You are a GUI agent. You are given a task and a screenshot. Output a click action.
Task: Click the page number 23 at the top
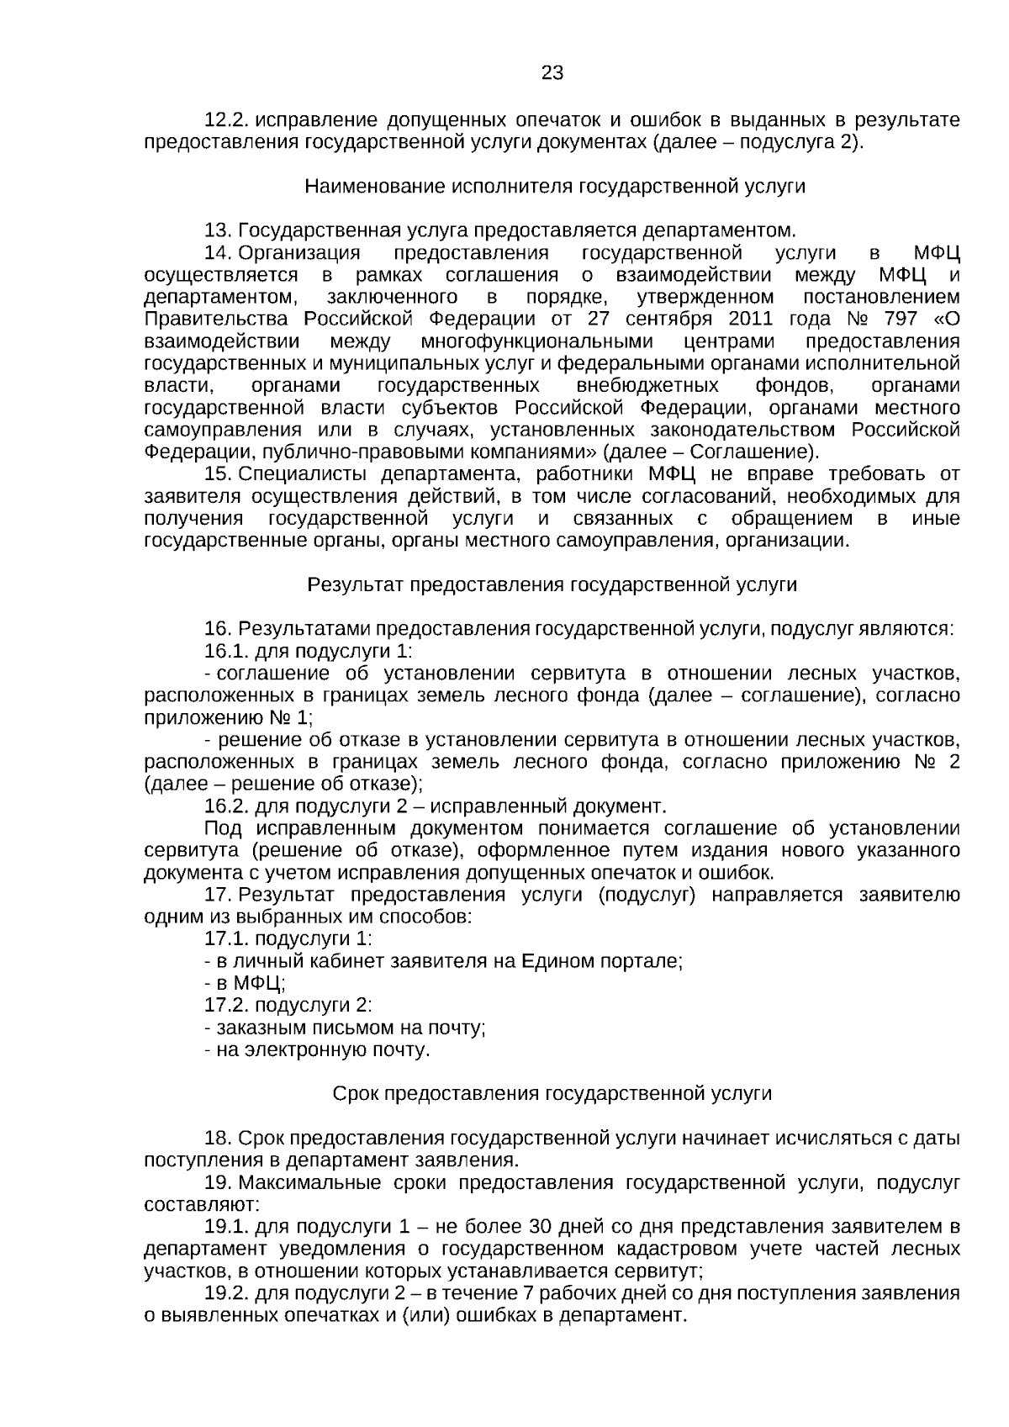[x=552, y=73]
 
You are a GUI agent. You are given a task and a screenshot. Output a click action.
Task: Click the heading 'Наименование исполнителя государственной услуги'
[x=554, y=186]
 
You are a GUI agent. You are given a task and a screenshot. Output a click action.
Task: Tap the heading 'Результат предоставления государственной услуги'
[x=552, y=584]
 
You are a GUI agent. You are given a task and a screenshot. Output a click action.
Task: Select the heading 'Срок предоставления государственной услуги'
[x=552, y=1093]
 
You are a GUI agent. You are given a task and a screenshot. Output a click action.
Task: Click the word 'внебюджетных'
[x=648, y=385]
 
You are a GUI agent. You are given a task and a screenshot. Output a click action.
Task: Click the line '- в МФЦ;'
[x=245, y=983]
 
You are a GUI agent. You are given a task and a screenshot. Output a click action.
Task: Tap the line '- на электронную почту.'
[x=317, y=1049]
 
